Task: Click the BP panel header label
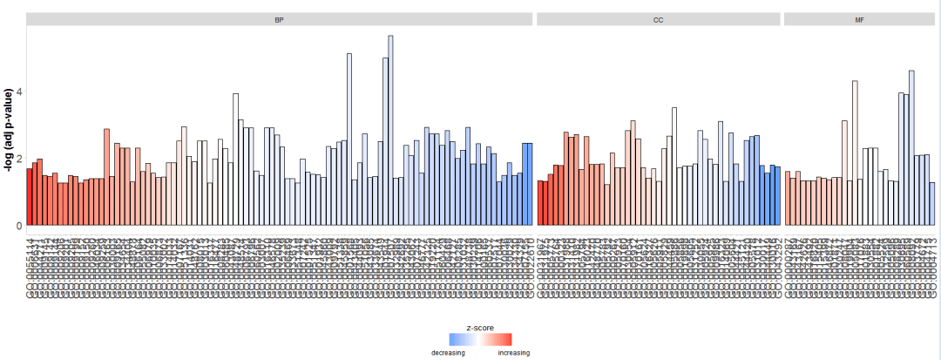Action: [279, 19]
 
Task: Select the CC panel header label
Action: [659, 19]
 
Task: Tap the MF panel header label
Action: [859, 19]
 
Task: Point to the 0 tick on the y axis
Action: [19, 226]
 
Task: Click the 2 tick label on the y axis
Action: [19, 159]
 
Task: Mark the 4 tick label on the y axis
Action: [19, 92]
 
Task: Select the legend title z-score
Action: [480, 328]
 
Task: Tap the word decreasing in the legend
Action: [448, 353]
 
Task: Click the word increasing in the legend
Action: [513, 353]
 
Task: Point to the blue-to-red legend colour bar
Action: [480, 340]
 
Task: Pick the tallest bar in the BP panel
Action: [390, 131]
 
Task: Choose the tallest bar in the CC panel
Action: [674, 166]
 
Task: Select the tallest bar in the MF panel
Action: [911, 148]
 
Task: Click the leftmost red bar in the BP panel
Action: [30, 197]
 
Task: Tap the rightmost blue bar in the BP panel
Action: [529, 184]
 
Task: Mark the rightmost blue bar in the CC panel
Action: [777, 196]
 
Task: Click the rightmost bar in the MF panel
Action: [932, 204]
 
